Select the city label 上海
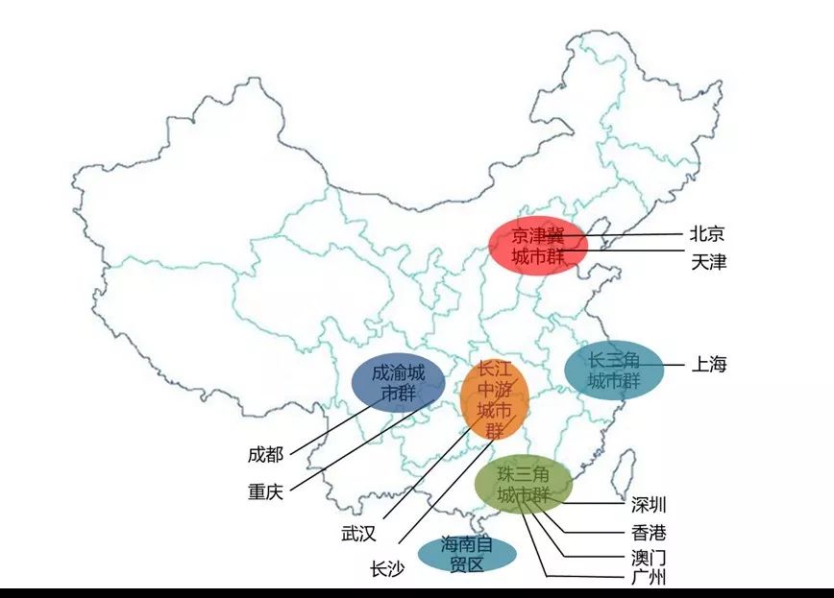[709, 364]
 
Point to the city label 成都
[266, 452]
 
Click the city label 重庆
[266, 491]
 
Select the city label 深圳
[649, 505]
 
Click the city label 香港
[649, 532]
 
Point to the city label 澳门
[649, 557]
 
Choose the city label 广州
[649, 577]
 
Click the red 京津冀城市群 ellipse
[537, 246]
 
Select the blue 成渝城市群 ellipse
[398, 383]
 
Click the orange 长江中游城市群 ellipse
[494, 402]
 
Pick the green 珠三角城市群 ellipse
[523, 486]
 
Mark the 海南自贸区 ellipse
[466, 555]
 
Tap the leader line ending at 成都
[327, 429]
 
